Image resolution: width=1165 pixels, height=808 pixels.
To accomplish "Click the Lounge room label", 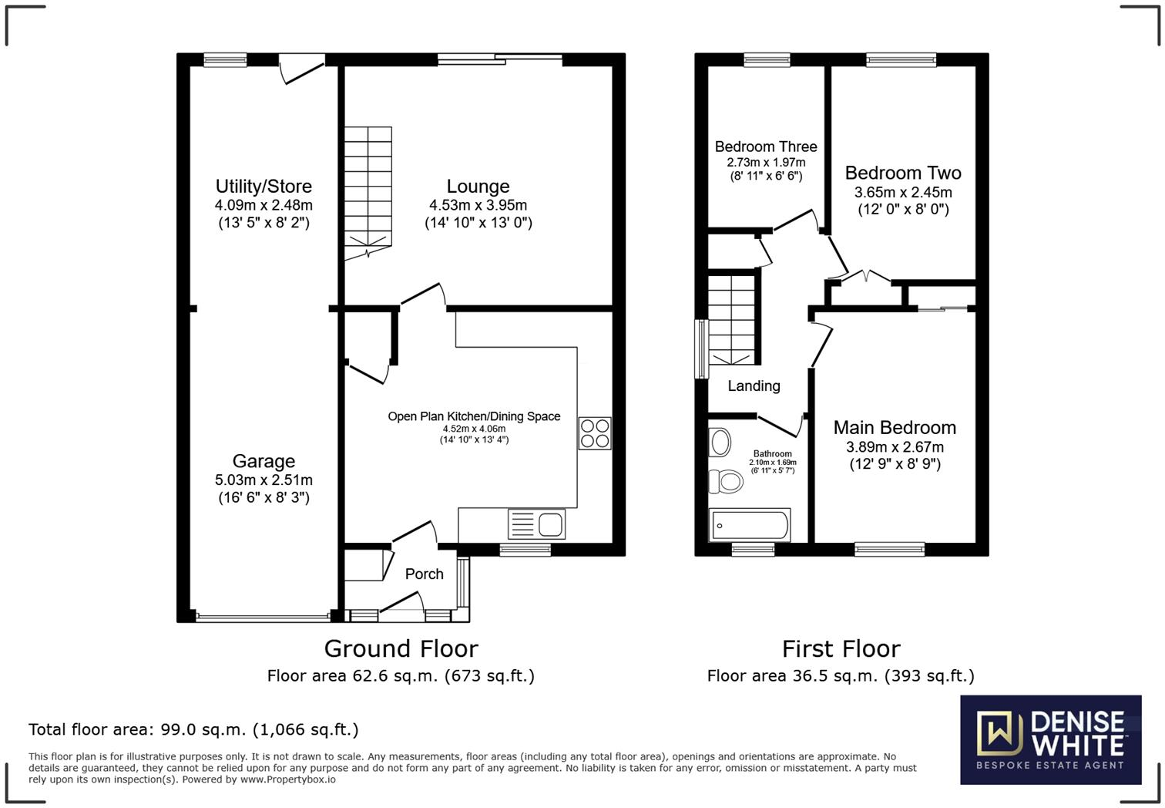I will click(x=478, y=187).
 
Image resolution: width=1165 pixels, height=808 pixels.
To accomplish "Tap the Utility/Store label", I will click(x=264, y=187).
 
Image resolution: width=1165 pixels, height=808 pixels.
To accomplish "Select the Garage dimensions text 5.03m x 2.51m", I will click(x=264, y=480).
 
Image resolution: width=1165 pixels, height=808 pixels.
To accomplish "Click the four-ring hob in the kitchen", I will click(x=595, y=433).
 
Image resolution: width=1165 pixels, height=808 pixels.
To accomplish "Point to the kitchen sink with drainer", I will click(x=536, y=524).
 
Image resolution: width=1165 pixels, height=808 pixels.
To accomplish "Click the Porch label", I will click(x=424, y=574).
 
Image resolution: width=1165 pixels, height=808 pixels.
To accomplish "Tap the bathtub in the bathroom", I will click(x=750, y=526).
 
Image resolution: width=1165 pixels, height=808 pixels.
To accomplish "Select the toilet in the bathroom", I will click(x=725, y=482).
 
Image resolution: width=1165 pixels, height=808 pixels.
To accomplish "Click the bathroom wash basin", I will click(x=720, y=443).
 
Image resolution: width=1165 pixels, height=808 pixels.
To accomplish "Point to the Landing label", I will click(x=754, y=386).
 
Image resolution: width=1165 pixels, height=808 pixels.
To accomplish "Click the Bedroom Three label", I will click(x=766, y=146).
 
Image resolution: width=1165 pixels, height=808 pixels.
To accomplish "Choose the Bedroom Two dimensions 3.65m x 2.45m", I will click(x=903, y=193).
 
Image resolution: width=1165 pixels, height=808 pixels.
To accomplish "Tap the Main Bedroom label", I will click(x=895, y=428).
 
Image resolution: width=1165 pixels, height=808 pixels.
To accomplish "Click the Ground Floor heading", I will click(x=401, y=648).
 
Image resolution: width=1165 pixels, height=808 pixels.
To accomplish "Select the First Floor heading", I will click(x=841, y=648).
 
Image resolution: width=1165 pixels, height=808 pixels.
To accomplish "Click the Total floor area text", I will click(x=193, y=729).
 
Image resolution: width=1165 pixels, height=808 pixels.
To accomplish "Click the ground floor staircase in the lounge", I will click(x=368, y=189).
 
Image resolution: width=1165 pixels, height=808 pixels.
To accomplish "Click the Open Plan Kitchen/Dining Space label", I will click(x=474, y=416).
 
